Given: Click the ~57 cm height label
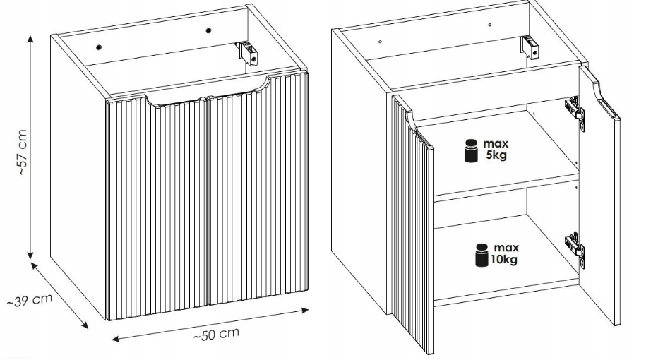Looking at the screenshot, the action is click(x=23, y=152).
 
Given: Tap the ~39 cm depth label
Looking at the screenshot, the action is click(x=30, y=300).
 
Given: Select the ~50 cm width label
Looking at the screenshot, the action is click(x=216, y=334).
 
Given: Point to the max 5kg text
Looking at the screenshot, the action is click(x=496, y=150).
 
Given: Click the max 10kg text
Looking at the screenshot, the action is click(x=504, y=253).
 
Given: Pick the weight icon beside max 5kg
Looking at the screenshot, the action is click(x=471, y=151).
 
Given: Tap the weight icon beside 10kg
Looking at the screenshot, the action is click(x=481, y=255).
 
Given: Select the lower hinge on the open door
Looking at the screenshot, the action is click(x=575, y=248).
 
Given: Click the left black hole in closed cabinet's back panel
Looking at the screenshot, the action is click(x=99, y=47).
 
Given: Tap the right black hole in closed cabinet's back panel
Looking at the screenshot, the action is click(x=208, y=30).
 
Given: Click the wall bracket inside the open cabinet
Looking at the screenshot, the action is click(x=530, y=47).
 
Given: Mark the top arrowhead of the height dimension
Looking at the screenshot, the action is click(x=30, y=38).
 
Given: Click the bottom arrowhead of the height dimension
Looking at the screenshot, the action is click(x=30, y=256).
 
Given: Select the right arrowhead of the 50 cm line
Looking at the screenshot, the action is click(x=305, y=310).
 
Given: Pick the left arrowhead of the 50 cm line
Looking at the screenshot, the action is click(x=116, y=339).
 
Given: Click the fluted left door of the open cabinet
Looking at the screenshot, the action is click(x=412, y=224).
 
